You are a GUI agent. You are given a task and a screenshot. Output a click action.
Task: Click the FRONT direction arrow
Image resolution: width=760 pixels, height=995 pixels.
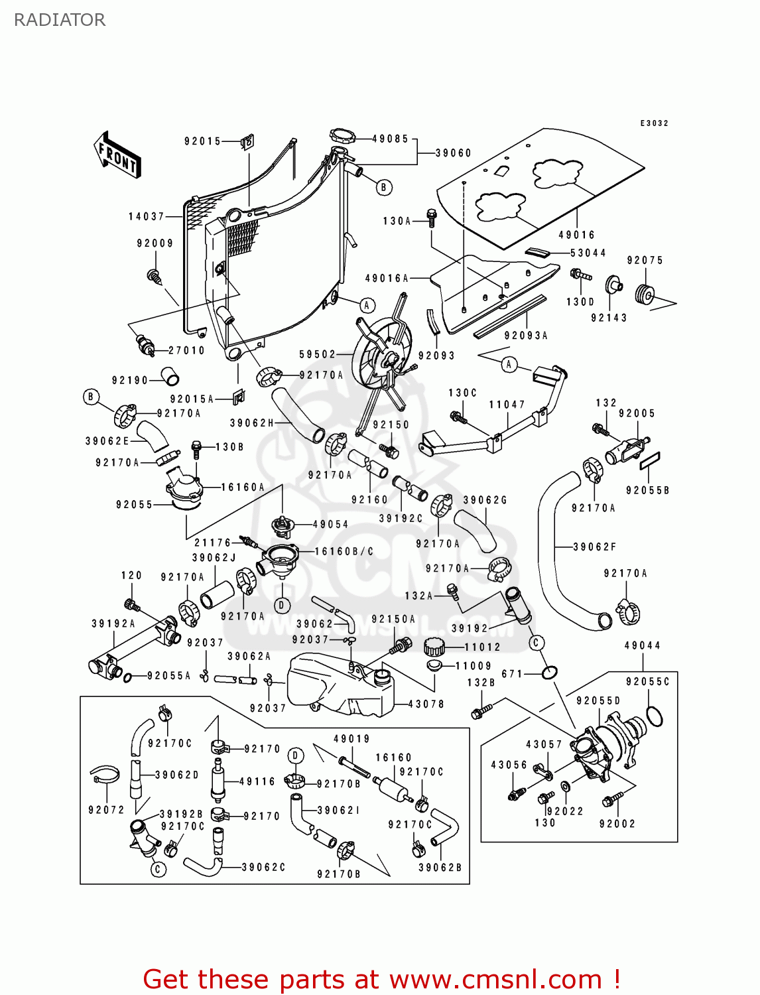tap(117, 155)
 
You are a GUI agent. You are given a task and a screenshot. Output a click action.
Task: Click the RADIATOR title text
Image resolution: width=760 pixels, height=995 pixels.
tap(60, 20)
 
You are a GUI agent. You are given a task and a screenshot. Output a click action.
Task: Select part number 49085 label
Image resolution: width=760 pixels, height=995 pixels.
tap(390, 139)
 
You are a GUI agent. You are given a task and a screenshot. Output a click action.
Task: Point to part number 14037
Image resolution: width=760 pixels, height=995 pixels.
tap(146, 217)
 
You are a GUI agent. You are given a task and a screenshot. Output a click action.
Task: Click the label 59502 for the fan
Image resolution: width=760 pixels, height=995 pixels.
tap(317, 355)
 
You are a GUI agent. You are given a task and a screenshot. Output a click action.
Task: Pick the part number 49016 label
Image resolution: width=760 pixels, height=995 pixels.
tap(576, 235)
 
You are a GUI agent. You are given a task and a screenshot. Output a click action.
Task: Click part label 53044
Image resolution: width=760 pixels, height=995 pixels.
tap(588, 253)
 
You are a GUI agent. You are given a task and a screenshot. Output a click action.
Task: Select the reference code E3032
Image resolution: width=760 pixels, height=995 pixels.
tap(654, 123)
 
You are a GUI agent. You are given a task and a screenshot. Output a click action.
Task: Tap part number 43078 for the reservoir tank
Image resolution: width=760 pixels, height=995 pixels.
tap(426, 704)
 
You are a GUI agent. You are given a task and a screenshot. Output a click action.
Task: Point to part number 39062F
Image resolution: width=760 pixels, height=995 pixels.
tap(594, 547)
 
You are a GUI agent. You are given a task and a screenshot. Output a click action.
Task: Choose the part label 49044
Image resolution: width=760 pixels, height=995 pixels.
tap(642, 645)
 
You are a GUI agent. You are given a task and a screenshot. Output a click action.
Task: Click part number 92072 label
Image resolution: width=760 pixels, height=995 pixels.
tap(106, 810)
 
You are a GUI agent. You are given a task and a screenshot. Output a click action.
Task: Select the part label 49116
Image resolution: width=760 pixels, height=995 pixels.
tap(257, 782)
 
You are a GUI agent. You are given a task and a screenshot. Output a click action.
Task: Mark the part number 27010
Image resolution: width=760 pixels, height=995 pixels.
tap(186, 350)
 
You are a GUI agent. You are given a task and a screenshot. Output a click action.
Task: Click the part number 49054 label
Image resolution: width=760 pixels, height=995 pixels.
tap(330, 524)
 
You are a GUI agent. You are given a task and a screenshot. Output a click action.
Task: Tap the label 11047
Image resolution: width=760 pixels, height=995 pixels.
tap(507, 405)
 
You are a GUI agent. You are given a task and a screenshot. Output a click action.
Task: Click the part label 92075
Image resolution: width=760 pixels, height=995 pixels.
tap(645, 261)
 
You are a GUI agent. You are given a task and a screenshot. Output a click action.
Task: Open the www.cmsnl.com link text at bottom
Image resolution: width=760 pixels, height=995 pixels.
tap(495, 980)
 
